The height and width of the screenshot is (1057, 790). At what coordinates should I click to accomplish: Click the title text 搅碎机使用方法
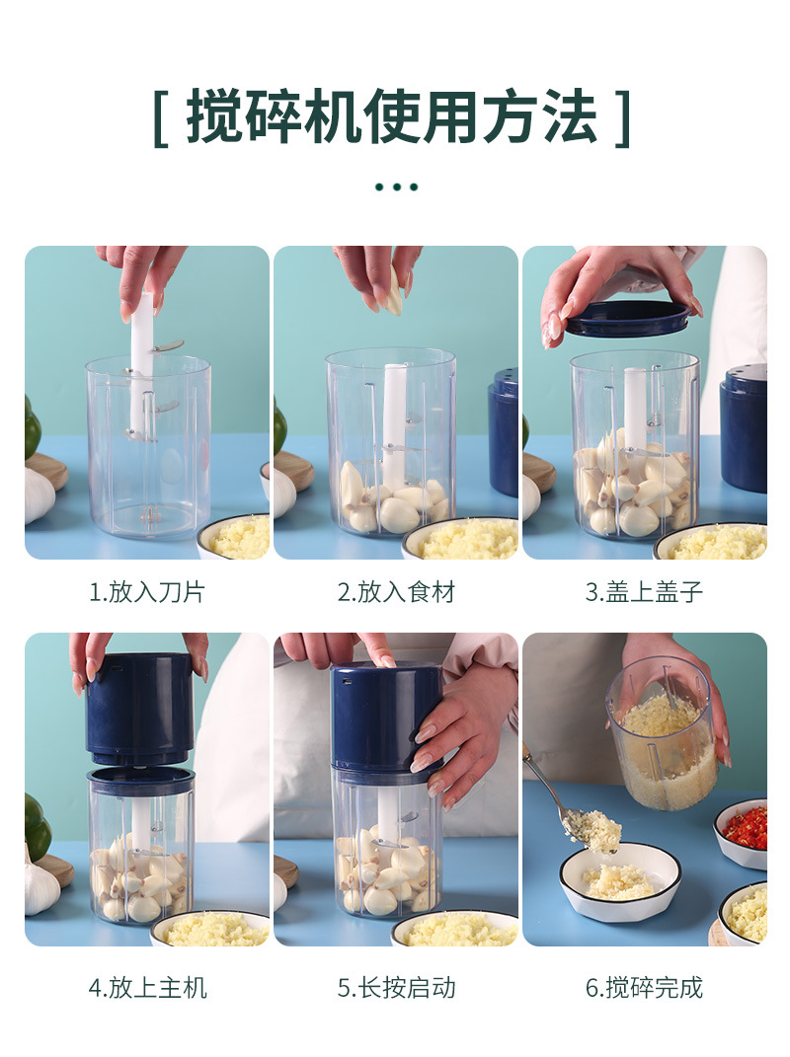[x=392, y=117]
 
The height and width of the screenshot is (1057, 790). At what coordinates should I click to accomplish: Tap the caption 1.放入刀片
[x=147, y=592]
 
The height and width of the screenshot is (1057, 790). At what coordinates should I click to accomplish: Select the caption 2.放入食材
[x=396, y=592]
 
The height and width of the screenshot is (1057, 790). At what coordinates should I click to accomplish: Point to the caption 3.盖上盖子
[x=644, y=592]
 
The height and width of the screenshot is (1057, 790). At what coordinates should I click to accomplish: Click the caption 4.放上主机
[x=147, y=987]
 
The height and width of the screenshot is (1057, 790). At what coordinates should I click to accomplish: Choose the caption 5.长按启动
[x=396, y=987]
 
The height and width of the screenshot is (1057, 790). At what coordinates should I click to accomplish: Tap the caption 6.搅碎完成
[x=644, y=987]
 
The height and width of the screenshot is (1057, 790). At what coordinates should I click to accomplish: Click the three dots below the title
[x=396, y=187]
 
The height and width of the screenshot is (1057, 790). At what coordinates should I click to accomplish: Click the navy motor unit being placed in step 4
[x=139, y=709]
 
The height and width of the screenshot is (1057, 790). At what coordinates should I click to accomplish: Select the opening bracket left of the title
[x=161, y=118]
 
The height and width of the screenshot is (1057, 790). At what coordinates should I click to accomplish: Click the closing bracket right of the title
[x=622, y=118]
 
